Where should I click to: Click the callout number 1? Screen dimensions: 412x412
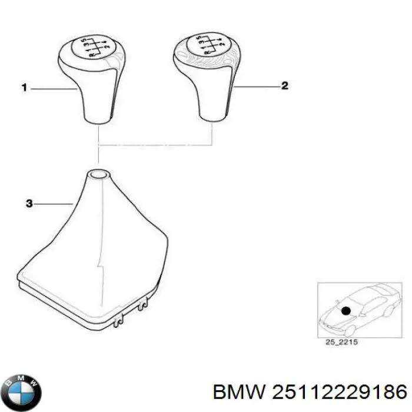click(25, 88)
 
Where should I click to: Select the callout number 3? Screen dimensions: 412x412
click(28, 204)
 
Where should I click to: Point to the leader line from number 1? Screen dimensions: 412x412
click(53, 88)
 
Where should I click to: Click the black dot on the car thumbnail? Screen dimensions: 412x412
click(346, 310)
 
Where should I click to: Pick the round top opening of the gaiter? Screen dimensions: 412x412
click(98, 174)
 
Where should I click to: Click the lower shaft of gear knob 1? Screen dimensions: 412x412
click(97, 109)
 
